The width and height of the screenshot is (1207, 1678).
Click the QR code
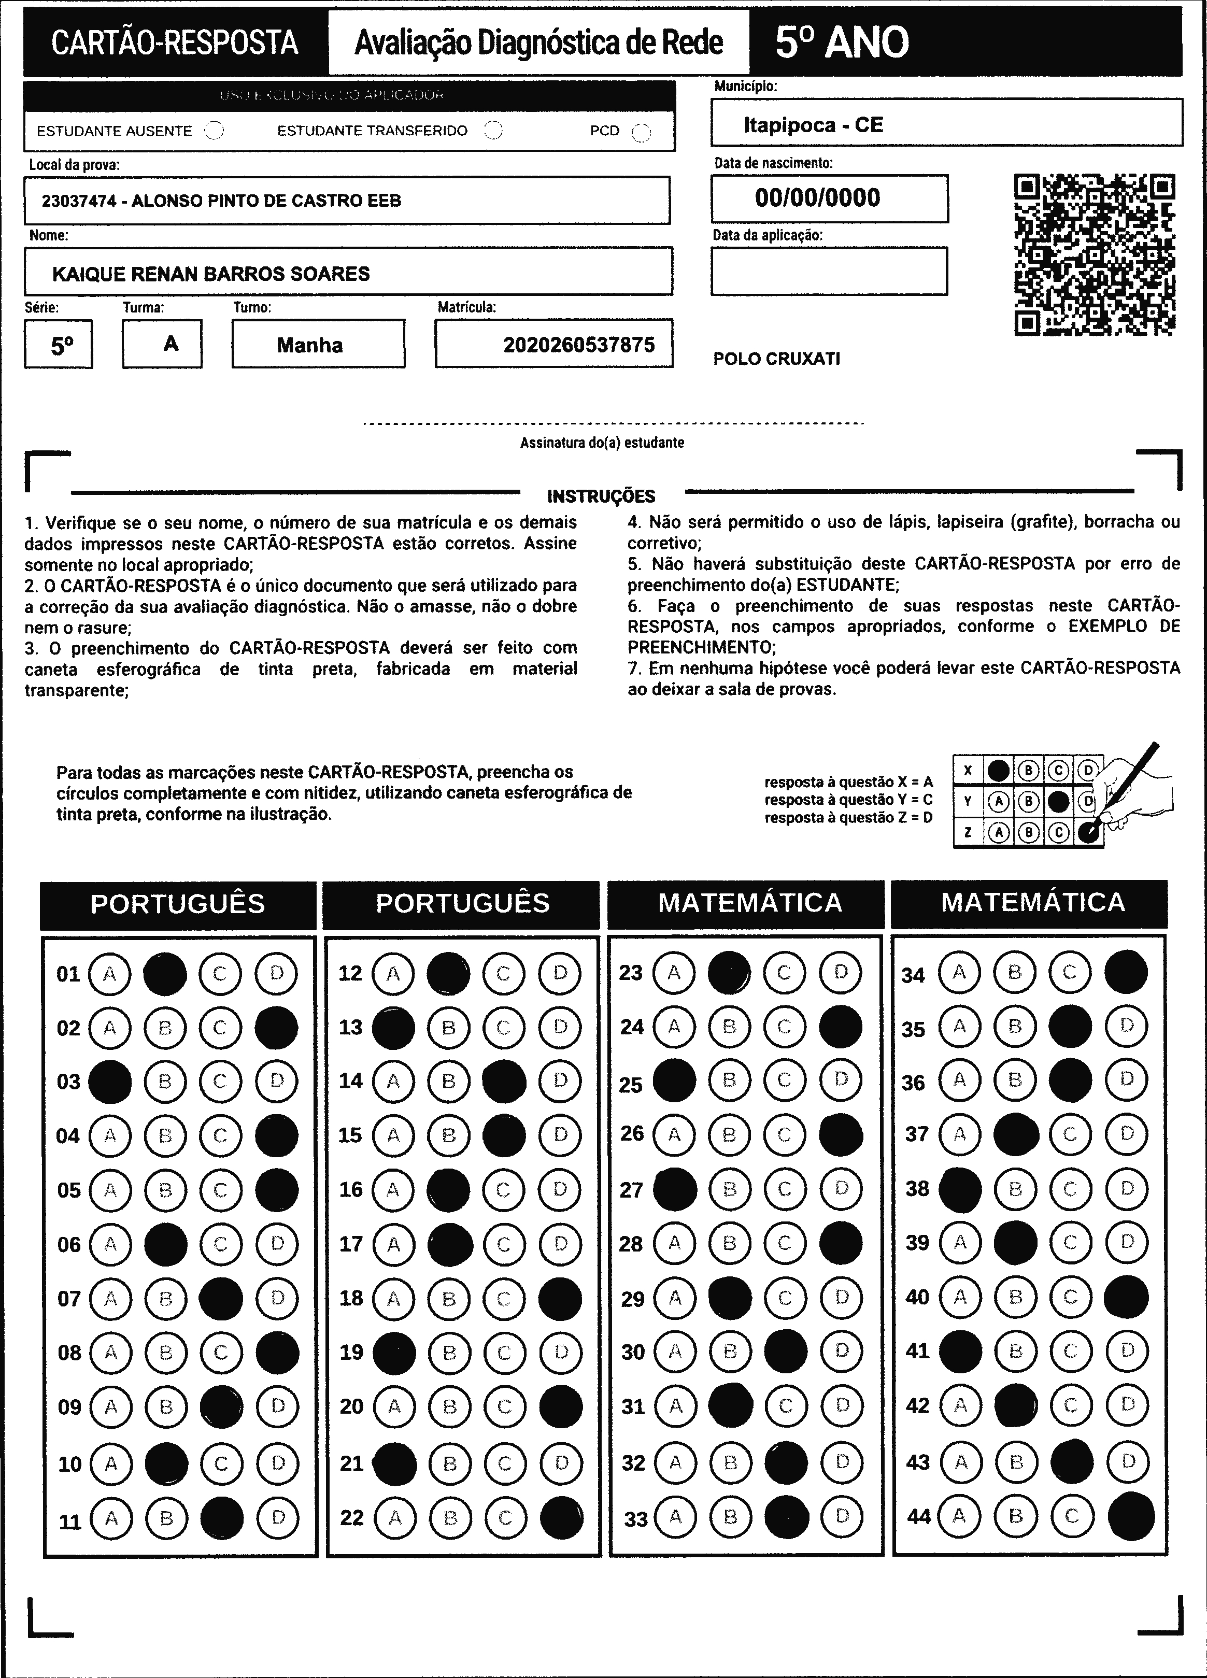click(x=1095, y=254)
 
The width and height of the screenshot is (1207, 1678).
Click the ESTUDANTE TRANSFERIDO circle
click(x=493, y=131)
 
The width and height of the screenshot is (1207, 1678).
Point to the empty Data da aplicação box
click(x=829, y=271)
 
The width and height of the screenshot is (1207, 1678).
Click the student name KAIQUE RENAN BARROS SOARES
click(x=211, y=274)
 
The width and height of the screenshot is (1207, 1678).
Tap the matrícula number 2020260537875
click(x=579, y=345)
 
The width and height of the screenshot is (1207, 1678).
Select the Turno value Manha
click(x=309, y=345)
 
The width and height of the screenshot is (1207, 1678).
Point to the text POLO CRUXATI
click(x=776, y=359)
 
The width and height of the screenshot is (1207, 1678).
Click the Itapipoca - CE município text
click(x=813, y=124)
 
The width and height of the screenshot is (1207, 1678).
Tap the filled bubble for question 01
click(x=165, y=974)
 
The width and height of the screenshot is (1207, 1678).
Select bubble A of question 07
click(x=110, y=1299)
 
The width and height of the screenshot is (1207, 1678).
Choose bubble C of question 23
click(x=785, y=972)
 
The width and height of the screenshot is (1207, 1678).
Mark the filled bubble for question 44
click(x=1131, y=1517)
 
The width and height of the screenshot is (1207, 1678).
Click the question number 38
click(x=917, y=1189)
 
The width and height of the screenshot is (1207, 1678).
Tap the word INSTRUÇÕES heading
click(x=601, y=496)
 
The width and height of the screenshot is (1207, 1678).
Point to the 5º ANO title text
click(x=842, y=42)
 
